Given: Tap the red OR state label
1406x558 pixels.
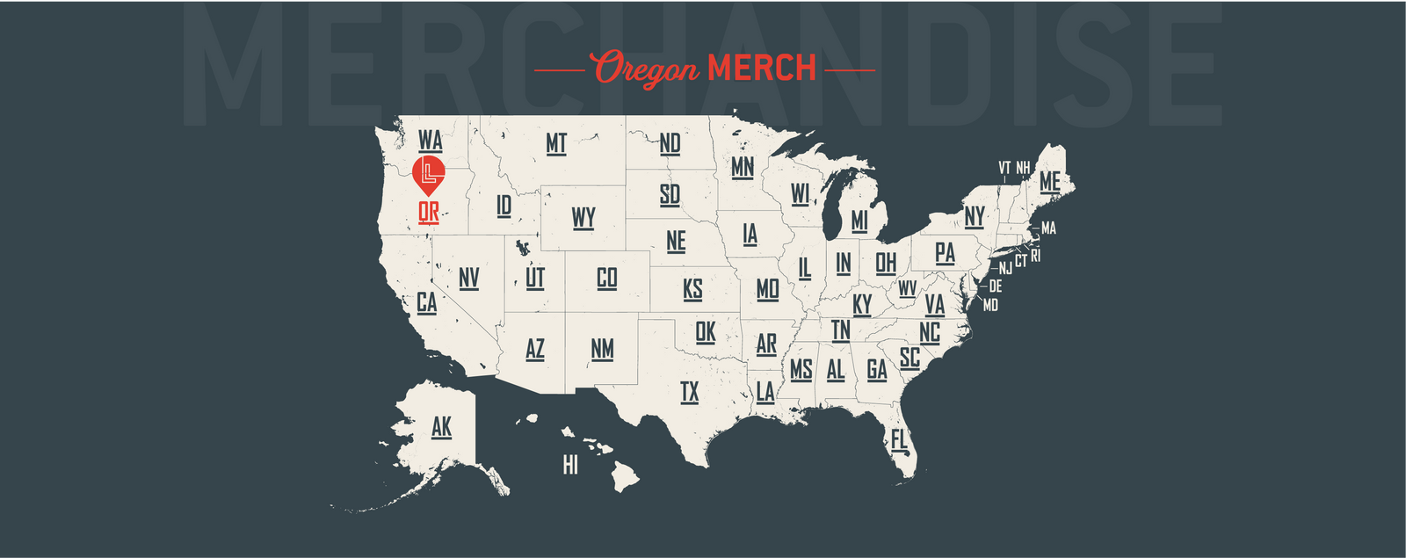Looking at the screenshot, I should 429,212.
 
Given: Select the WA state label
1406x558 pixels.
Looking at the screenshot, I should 430,141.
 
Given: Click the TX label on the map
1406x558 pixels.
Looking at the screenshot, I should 690,392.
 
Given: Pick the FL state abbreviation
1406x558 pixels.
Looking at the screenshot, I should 899,438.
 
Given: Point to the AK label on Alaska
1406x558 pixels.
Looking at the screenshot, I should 441,427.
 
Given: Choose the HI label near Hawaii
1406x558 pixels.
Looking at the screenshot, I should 570,465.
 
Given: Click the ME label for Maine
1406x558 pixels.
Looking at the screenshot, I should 1049,182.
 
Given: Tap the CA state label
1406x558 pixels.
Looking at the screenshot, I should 426,303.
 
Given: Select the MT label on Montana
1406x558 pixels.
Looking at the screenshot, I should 556,143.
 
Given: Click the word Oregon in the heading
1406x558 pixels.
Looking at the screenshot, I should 646,69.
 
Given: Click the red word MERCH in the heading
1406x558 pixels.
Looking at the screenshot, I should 762,69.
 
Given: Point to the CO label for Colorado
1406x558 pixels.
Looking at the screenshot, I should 606,279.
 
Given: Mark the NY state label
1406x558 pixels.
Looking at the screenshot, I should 975,216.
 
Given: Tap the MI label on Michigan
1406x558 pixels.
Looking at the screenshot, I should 859,221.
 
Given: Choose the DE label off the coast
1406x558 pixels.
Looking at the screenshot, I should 995,286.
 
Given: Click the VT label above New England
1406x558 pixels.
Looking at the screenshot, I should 1004,167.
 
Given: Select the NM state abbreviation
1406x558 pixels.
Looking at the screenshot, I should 602,349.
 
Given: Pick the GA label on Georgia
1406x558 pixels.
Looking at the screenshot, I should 876,370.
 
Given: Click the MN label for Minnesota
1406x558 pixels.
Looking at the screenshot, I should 743,167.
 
